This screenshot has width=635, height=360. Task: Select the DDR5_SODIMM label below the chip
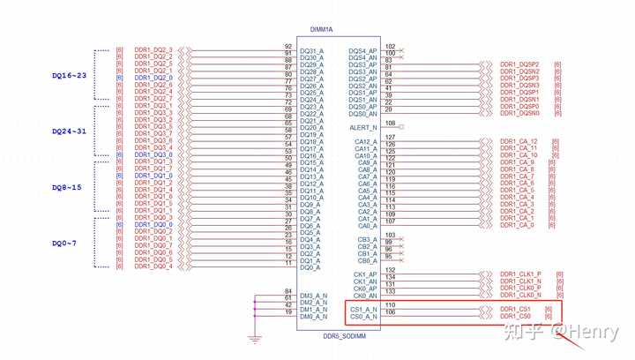click(338, 336)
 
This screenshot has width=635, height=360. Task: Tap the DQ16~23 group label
click(71, 77)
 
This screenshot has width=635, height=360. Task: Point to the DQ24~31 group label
click(71, 131)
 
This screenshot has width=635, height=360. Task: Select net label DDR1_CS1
click(515, 309)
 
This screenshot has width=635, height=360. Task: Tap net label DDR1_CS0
click(515, 316)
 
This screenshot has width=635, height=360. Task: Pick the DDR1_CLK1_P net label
click(520, 274)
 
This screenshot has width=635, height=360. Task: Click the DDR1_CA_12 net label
click(519, 141)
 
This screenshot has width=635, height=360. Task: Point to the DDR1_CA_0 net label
click(517, 225)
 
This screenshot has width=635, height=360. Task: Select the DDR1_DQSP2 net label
click(519, 64)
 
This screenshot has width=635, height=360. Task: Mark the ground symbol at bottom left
click(255, 337)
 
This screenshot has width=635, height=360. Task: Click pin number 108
click(390, 124)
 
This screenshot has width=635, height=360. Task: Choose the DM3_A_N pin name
click(313, 296)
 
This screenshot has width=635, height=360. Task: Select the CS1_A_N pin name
click(363, 309)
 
